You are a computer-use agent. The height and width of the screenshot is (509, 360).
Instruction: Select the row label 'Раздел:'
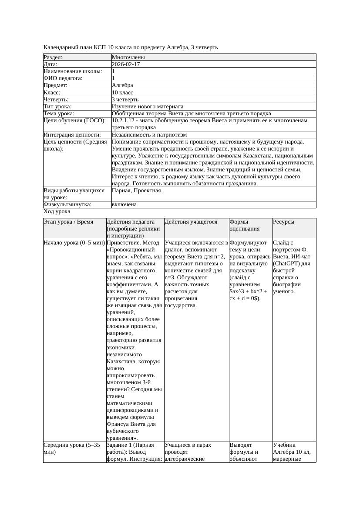tap(53, 57)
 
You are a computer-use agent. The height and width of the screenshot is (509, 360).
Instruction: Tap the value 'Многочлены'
tap(128, 57)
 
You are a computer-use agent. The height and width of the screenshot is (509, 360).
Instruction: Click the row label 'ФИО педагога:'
tap(63, 78)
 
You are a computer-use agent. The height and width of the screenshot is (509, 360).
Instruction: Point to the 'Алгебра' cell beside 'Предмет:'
tap(122, 85)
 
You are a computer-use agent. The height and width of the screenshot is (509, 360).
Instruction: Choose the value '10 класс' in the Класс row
tap(122, 92)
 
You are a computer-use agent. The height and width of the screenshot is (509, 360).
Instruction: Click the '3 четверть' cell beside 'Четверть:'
tap(125, 99)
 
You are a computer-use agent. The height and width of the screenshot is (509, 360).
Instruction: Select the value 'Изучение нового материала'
tap(148, 106)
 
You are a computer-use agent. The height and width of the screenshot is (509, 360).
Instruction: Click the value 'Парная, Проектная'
tap(136, 191)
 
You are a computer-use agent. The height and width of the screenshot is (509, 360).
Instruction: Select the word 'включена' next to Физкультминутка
tap(124, 204)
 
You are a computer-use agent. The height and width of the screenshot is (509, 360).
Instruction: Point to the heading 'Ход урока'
tap(57, 211)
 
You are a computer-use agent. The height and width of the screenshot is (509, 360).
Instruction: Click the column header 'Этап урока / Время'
tap(68, 222)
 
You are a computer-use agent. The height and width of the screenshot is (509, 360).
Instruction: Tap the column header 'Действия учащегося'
tap(191, 222)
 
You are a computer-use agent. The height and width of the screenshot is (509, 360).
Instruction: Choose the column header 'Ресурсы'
tap(284, 222)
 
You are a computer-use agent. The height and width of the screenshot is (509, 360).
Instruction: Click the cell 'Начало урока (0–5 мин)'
tap(74, 243)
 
